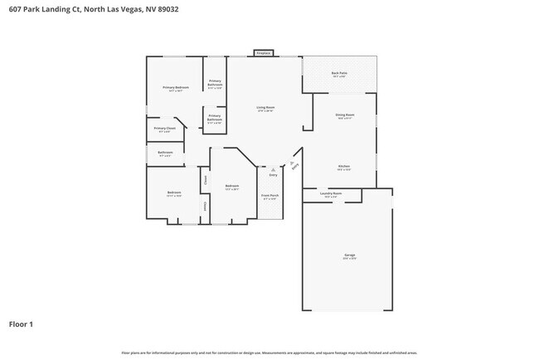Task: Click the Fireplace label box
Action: pos(263,52)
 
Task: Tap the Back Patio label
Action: pos(339,74)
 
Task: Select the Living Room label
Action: pos(265,108)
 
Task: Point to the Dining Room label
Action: pos(345,115)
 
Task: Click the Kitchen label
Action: pos(343,167)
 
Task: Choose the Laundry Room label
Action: pos(331,194)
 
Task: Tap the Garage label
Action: pos(350,255)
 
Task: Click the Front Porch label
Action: pos(270,197)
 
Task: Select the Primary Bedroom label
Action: pos(176,88)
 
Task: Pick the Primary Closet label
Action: pos(165,129)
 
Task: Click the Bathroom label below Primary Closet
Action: pos(165,153)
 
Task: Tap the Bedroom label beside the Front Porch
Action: pos(232,186)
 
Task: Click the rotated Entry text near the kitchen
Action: pos(294,163)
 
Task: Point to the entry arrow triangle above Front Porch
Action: pos(273,169)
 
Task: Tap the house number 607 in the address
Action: pos(15,9)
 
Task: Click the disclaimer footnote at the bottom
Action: pos(269,353)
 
